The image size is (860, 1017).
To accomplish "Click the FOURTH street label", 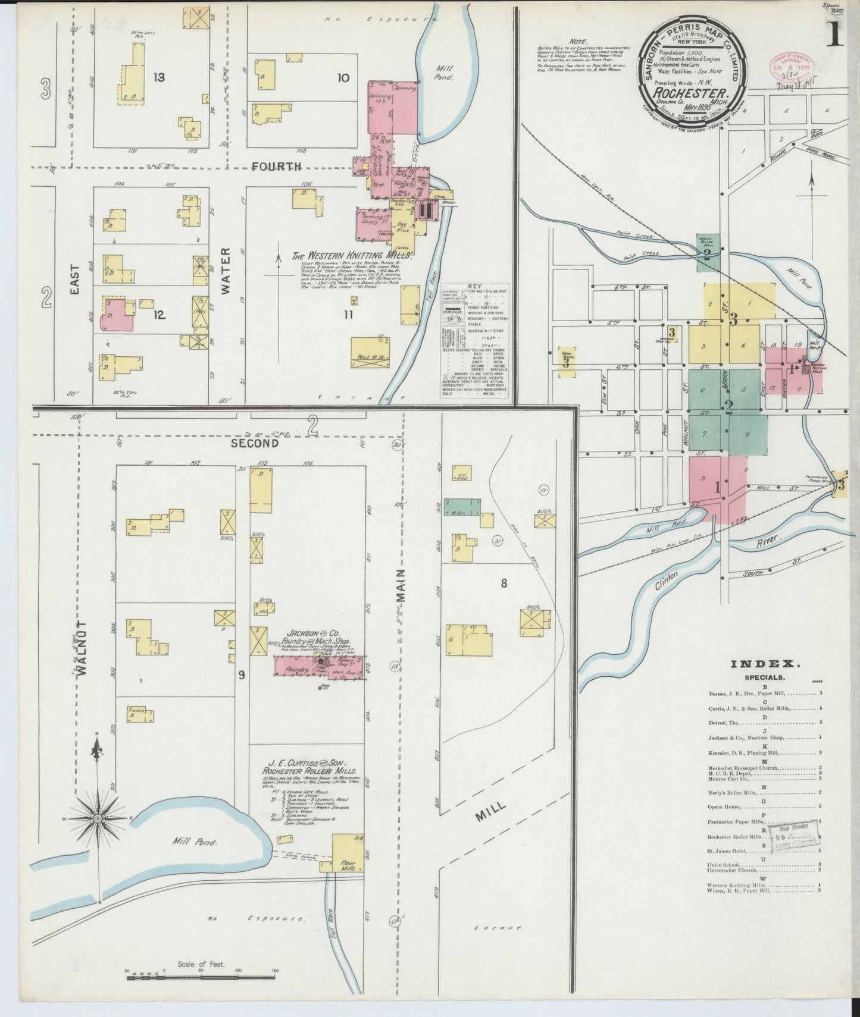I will [x=276, y=167].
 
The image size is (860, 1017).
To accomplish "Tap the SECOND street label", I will [x=255, y=443].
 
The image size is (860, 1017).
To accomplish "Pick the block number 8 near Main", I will [x=504, y=583].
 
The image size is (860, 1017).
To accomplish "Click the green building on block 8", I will [x=462, y=507].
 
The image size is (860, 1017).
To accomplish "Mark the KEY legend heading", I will [x=475, y=286].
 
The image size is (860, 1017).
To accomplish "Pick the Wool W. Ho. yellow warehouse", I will [x=370, y=351].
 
